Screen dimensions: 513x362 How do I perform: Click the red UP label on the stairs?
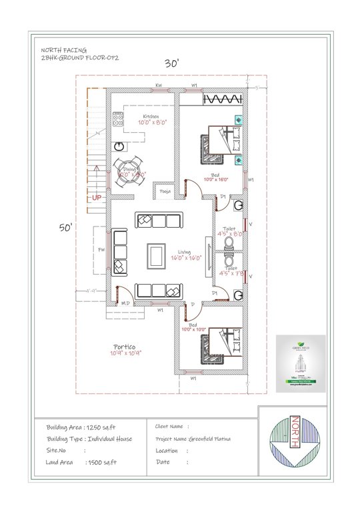[x=97, y=198]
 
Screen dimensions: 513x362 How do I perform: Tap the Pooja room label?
[x=165, y=192]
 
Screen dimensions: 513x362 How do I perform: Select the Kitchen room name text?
[x=151, y=116]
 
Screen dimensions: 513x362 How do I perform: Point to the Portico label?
[x=125, y=347]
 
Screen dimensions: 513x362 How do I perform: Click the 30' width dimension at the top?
[x=172, y=63]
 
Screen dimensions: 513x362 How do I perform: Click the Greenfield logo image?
[x=301, y=363]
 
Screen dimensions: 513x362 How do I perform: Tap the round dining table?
[x=126, y=170]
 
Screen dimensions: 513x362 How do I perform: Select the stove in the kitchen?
[x=118, y=121]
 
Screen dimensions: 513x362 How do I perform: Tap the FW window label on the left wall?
[x=101, y=250]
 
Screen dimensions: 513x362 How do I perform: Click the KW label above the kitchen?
[x=159, y=86]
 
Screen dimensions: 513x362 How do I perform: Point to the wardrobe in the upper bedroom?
[x=221, y=100]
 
